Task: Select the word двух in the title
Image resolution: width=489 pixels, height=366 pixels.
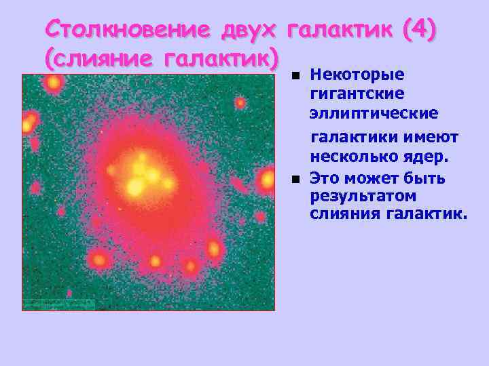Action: pos(249,30)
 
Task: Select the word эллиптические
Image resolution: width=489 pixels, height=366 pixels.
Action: pos(374,111)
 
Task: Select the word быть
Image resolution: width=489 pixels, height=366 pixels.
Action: pos(424,179)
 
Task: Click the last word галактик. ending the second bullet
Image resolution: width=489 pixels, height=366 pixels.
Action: pos(428,215)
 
